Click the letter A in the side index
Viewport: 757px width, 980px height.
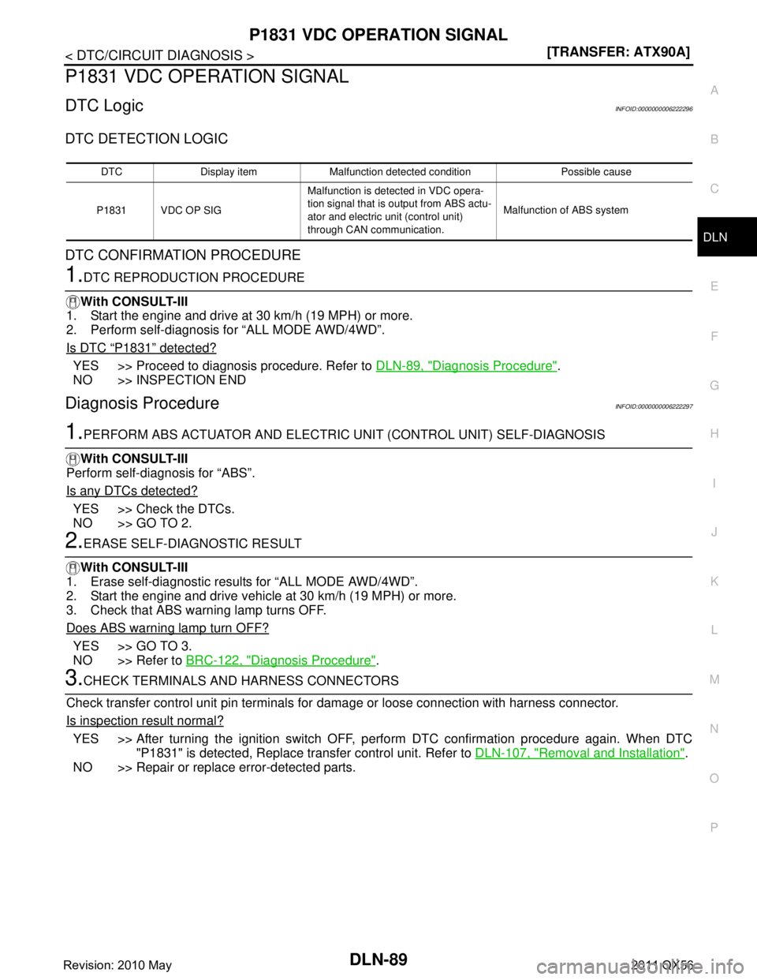714,91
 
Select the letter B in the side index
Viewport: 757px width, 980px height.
714,140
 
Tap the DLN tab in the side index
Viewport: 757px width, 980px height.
715,237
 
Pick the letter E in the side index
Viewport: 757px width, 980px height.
714,287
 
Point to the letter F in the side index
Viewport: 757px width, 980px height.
714,337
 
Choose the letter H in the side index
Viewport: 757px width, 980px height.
714,434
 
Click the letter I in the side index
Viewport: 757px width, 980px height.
714,484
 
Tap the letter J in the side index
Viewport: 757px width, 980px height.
714,533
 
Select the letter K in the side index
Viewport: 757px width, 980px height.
714,582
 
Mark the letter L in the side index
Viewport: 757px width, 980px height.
714,630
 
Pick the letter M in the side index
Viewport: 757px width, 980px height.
714,679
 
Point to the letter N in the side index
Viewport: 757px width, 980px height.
714,729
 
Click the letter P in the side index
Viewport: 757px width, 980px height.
714,828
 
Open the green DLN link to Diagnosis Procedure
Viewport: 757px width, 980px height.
466,365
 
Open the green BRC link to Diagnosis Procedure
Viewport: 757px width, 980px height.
281,660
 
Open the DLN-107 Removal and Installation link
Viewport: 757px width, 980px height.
580,753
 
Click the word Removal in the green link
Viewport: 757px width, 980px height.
561,753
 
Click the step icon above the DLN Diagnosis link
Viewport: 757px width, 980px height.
73,302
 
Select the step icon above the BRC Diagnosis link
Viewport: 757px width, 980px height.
73,568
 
